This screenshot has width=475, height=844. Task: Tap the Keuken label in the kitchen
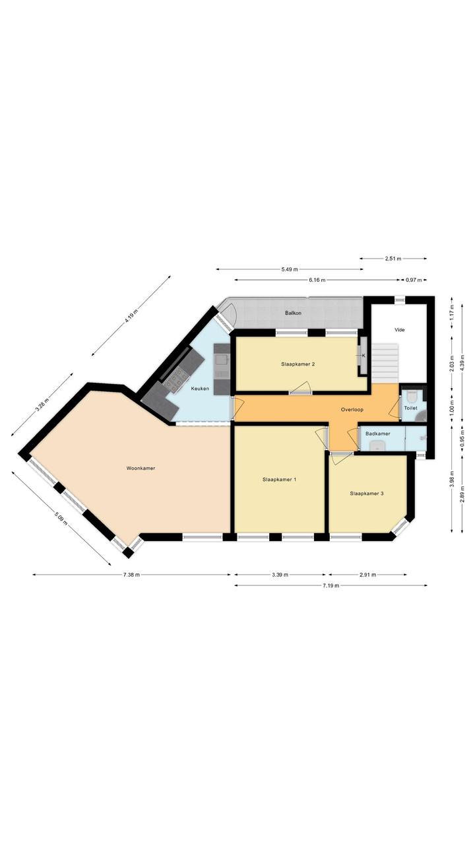200,389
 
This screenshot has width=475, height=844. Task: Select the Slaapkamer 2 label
298,364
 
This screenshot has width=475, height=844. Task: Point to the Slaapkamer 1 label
279,480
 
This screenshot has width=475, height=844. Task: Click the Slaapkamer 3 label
367,493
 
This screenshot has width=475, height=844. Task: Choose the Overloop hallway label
352,409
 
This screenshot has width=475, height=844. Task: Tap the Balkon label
293,313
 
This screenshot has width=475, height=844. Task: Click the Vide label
399,330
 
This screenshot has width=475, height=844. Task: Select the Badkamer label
378,434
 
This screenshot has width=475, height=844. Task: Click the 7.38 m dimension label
131,575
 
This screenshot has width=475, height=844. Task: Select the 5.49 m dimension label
290,269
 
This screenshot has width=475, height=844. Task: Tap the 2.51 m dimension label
393,259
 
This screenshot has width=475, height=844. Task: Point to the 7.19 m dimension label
331,585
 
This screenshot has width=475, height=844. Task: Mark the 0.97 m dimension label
413,280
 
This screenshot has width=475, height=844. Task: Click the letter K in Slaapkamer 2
364,355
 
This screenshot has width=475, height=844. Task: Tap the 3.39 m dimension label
280,575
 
